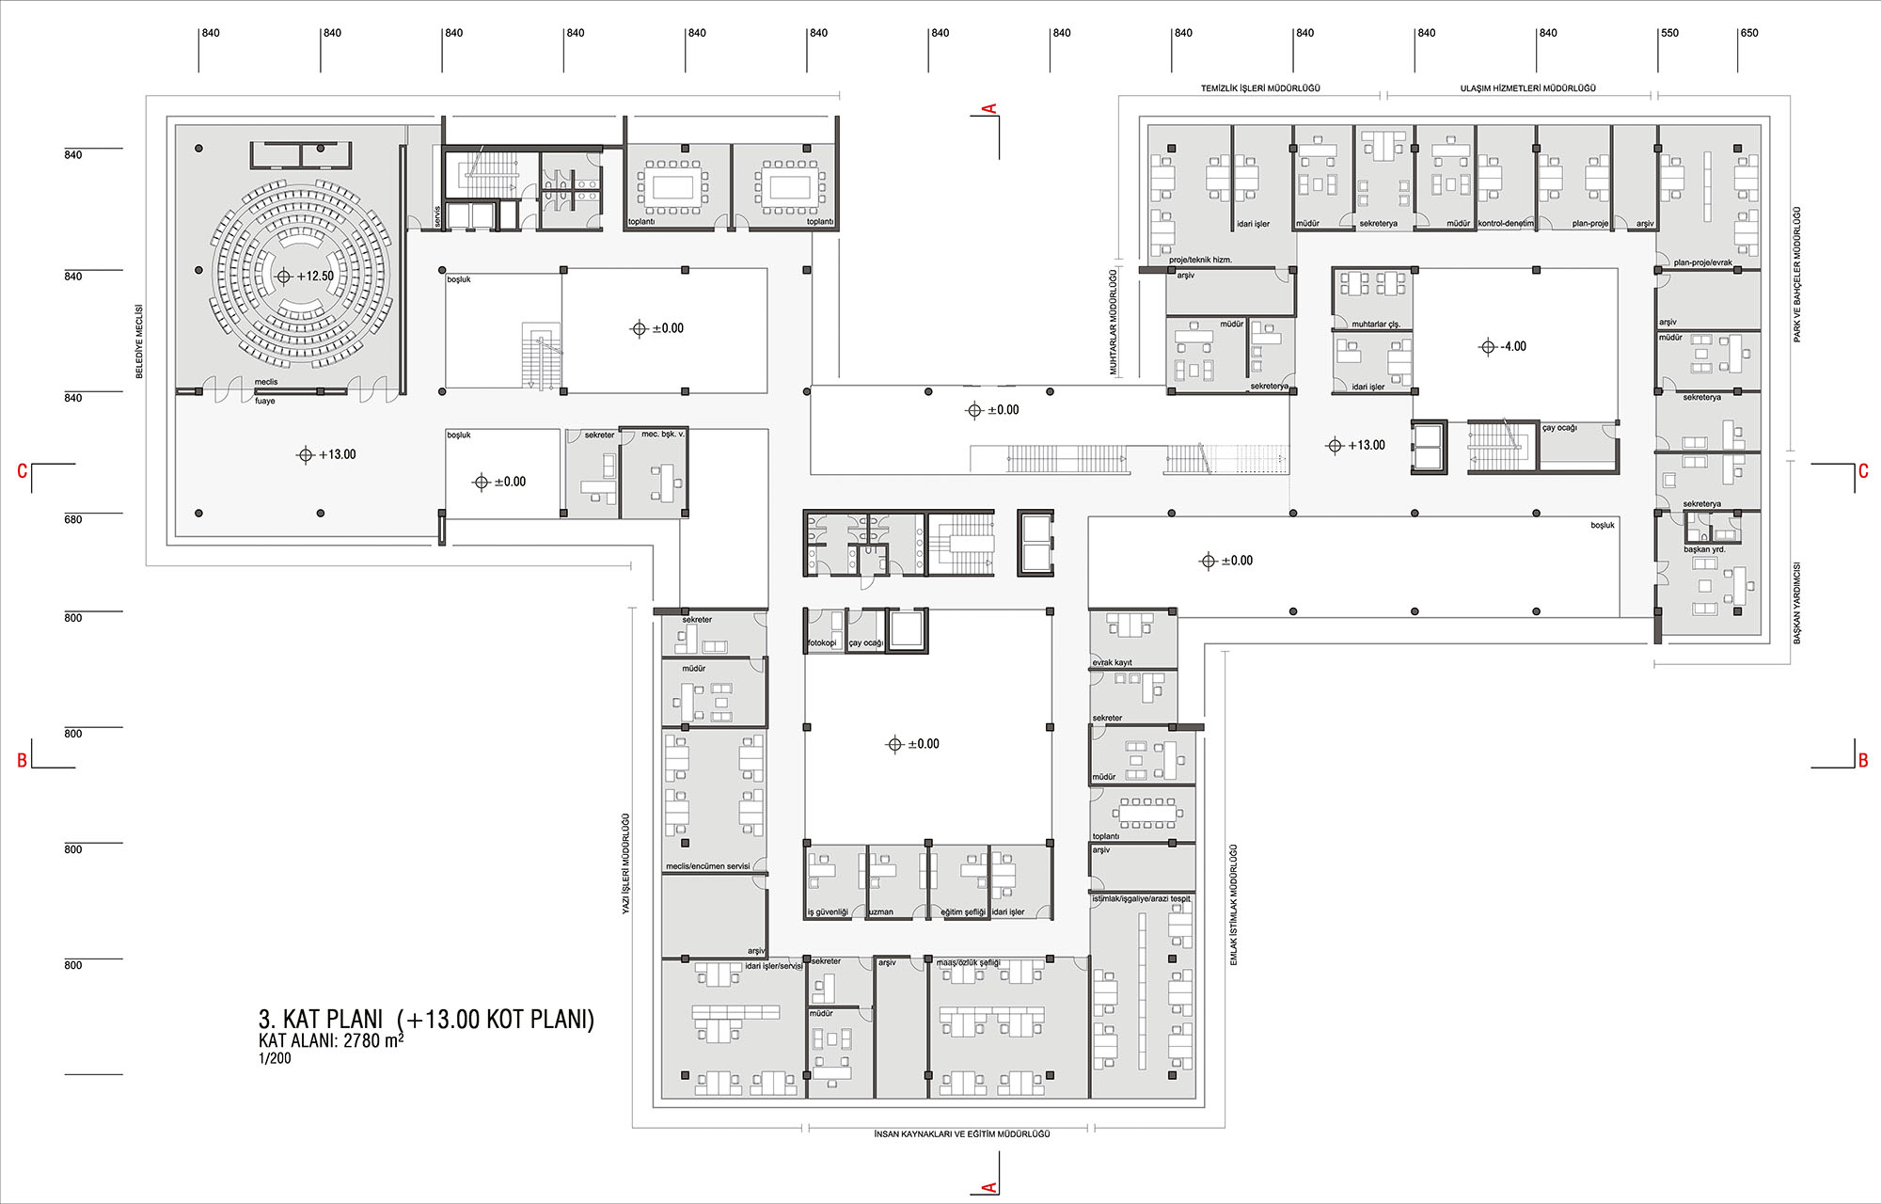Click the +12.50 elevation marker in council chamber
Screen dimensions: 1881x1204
tap(306, 277)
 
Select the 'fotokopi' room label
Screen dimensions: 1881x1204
tap(822, 643)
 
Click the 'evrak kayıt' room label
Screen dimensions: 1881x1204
tap(1113, 662)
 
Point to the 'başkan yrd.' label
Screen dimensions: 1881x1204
tap(1704, 549)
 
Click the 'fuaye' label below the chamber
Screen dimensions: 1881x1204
tap(265, 401)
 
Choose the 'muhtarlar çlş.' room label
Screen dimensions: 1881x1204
tap(1376, 325)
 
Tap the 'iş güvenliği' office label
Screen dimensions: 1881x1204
tap(828, 912)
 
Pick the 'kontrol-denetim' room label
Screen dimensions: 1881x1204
tap(1507, 224)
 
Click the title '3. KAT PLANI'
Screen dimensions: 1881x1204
tap(321, 1020)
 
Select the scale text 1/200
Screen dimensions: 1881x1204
tap(275, 1058)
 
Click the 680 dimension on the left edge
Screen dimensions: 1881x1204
tap(73, 519)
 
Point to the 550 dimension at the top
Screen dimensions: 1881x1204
tap(1669, 33)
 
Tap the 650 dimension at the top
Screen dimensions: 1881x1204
tap(1749, 33)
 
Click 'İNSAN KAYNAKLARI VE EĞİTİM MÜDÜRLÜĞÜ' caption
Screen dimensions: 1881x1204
tap(962, 1134)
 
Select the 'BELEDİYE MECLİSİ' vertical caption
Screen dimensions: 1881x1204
tap(139, 341)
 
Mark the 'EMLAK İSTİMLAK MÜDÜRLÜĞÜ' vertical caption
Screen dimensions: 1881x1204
tap(1234, 905)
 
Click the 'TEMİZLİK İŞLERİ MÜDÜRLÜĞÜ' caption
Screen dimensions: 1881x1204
tap(1260, 88)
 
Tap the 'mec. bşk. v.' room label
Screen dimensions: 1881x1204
tap(663, 435)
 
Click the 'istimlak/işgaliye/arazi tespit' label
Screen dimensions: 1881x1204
tap(1141, 899)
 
